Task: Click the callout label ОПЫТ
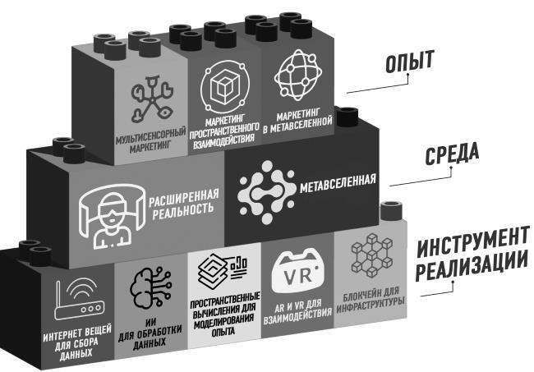click(410, 62)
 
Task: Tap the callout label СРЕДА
click(452, 154)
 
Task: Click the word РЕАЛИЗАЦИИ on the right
click(472, 266)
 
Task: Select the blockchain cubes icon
click(371, 255)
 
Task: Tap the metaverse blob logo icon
click(266, 193)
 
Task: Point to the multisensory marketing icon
click(152, 99)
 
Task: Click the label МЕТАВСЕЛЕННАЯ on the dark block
click(338, 183)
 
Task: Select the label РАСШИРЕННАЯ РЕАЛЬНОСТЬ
click(183, 204)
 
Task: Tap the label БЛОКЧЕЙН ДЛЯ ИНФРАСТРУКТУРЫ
click(371, 300)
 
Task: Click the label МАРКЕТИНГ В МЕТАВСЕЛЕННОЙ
click(297, 122)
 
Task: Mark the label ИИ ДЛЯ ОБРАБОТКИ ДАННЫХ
click(150, 331)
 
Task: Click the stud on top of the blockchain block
click(392, 211)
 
